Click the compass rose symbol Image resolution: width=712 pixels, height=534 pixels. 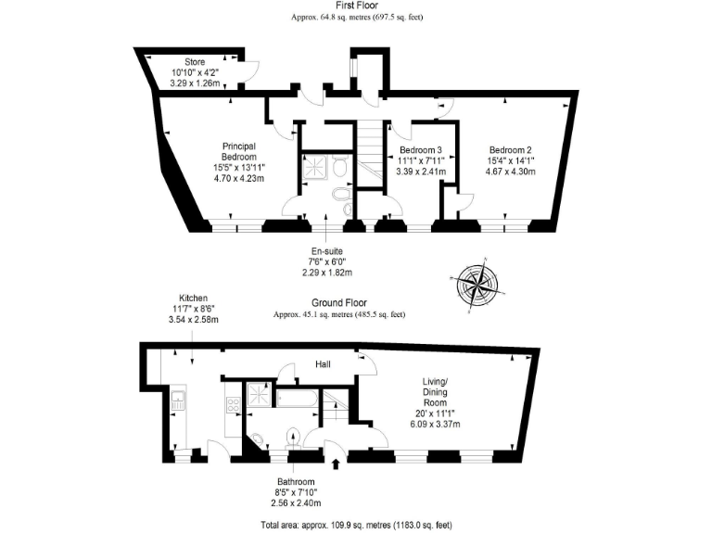[479, 282]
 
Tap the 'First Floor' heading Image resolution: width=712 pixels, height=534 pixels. [357, 6]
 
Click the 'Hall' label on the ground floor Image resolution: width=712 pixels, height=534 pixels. [322, 364]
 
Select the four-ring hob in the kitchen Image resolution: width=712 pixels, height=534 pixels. [232, 404]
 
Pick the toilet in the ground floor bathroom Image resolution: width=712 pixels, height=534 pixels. [294, 436]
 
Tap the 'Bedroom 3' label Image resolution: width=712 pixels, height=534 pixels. [420, 150]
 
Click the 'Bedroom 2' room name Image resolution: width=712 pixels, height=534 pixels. [510, 150]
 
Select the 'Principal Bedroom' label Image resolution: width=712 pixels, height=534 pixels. [238, 151]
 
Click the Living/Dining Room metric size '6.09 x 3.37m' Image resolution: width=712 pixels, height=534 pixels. [435, 424]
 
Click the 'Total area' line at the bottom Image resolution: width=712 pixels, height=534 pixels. [356, 524]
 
